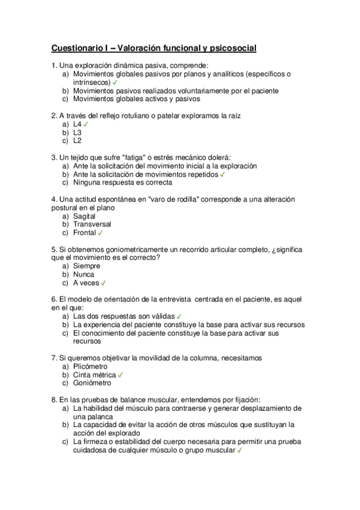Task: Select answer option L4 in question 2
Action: (x=77, y=124)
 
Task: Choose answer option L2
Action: (x=77, y=141)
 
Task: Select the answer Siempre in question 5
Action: (x=87, y=265)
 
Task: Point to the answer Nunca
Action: (x=84, y=274)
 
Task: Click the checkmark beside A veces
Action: (x=104, y=282)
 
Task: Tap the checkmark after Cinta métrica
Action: (x=120, y=374)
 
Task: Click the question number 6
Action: (x=55, y=299)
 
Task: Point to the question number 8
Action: (x=55, y=399)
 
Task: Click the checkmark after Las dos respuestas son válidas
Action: (x=179, y=315)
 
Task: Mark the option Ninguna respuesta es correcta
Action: (x=123, y=182)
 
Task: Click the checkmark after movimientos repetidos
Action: (x=223, y=174)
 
